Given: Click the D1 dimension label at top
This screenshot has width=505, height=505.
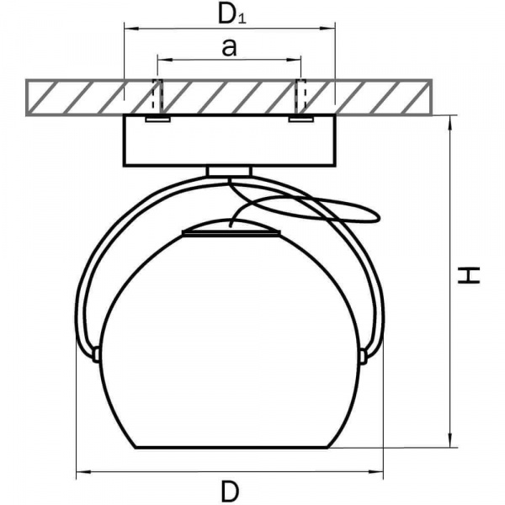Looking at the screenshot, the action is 232,13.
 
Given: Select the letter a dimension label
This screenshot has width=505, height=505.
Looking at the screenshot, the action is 229,47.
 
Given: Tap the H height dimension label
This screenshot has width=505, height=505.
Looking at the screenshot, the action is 469,275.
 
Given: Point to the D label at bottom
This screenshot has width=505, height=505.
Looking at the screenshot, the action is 230,492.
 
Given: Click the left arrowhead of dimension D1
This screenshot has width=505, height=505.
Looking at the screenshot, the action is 131,29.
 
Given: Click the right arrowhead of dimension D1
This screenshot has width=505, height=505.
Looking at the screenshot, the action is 328,29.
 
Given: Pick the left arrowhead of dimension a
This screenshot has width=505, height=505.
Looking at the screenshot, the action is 165,60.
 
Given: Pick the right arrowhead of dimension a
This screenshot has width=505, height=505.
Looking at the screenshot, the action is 294,60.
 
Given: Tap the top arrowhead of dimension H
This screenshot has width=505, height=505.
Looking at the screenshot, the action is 451,123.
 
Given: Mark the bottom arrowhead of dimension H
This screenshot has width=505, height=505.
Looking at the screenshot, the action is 451,440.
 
